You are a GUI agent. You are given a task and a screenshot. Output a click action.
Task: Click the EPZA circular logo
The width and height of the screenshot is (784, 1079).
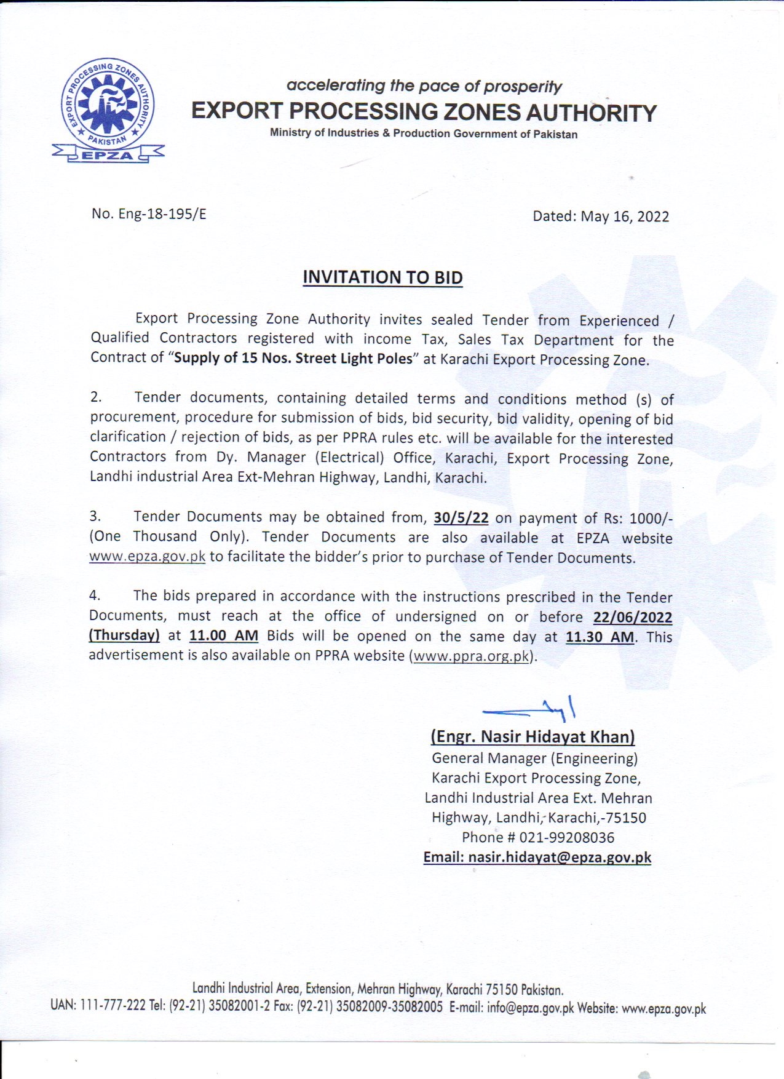coord(109,109)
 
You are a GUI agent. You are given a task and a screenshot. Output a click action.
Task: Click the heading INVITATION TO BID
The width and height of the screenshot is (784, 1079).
coord(382,277)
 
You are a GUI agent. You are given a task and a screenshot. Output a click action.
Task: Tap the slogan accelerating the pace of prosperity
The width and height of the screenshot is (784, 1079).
coord(424,86)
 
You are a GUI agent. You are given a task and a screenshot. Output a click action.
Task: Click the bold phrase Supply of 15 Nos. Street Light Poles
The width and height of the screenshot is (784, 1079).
coord(293,358)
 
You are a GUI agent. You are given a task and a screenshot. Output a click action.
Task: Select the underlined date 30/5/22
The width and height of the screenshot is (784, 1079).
coord(461,518)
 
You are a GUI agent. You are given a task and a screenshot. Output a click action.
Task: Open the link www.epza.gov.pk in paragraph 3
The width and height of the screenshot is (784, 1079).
coord(147,557)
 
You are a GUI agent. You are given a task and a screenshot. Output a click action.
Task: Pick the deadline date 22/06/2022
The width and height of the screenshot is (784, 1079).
coord(633,617)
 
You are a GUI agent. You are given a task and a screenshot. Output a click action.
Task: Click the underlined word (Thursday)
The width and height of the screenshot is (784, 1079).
coord(124,635)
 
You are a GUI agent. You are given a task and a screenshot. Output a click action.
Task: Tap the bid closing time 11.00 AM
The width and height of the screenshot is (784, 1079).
coord(224,635)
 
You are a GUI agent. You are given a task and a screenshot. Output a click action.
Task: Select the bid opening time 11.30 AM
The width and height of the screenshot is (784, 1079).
coord(600,637)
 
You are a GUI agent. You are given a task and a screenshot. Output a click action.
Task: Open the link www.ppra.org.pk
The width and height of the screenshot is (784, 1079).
coord(472,656)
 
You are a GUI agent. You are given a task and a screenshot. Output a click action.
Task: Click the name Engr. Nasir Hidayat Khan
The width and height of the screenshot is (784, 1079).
coord(533,736)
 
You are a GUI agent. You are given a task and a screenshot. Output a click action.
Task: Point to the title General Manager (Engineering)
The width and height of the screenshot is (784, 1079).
coord(534,758)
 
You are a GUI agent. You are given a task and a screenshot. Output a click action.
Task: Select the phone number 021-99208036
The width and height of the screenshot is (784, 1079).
coord(567,837)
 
